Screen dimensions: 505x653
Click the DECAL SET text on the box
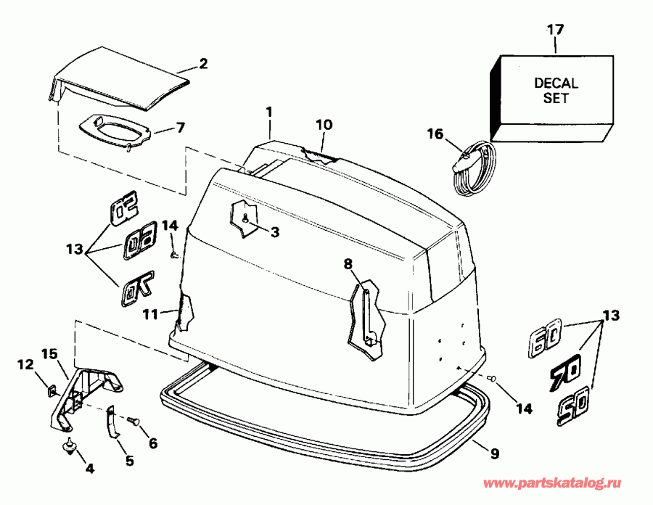point(556,90)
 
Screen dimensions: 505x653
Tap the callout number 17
point(555,30)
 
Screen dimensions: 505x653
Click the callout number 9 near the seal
point(494,455)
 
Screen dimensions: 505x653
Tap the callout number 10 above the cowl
point(324,125)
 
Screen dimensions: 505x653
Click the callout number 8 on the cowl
point(348,265)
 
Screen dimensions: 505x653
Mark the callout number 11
point(149,314)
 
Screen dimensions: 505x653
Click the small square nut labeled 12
point(51,391)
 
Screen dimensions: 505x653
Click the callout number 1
point(269,112)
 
